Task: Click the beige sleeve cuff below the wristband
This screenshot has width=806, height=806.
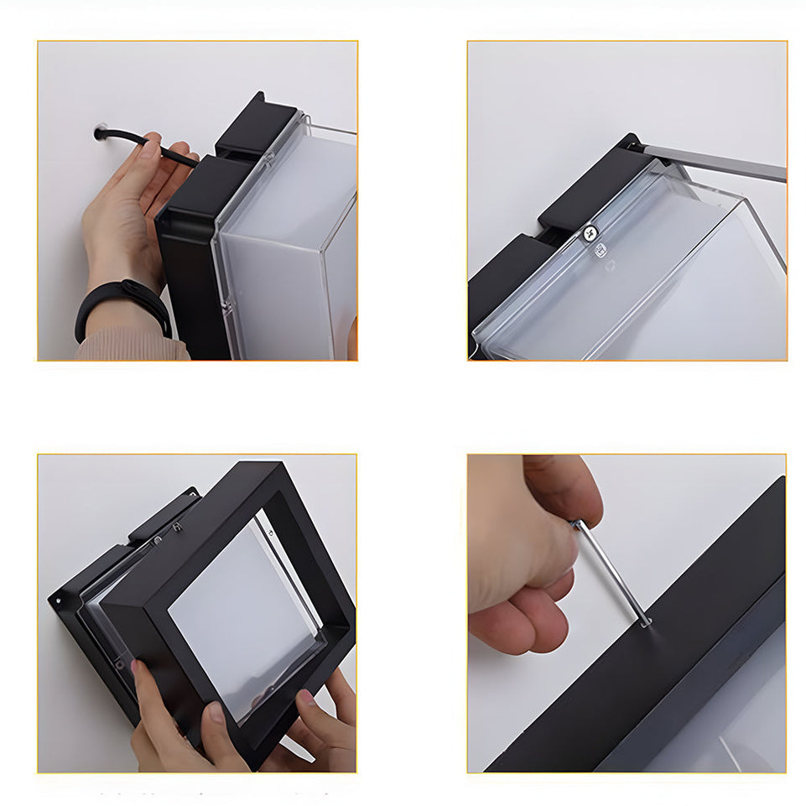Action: pyautogui.click(x=126, y=344)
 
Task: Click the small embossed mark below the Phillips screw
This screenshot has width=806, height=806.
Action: pyautogui.click(x=601, y=250)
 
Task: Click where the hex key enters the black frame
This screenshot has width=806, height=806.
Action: pyautogui.click(x=647, y=623)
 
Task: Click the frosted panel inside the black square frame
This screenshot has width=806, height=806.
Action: pyautogui.click(x=243, y=612)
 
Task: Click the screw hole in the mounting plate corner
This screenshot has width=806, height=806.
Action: pyautogui.click(x=58, y=599)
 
